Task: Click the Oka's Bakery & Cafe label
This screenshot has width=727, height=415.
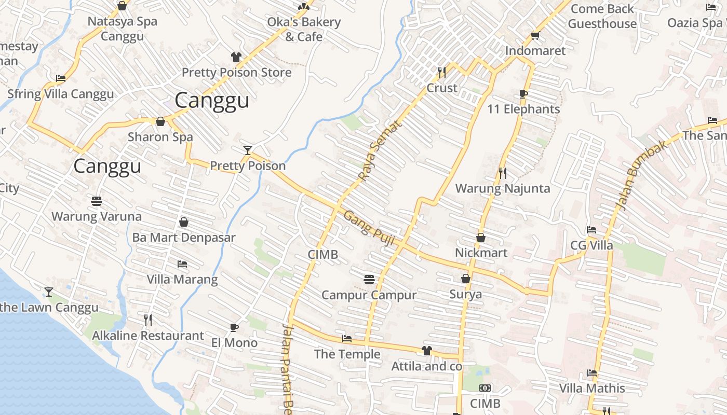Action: point(304,30)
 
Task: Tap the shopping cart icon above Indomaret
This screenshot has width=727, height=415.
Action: point(535,36)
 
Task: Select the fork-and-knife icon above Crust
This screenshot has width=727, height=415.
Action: point(442,72)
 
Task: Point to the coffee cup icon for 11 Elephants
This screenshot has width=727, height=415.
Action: point(523,94)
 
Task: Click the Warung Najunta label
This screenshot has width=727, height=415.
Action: point(502,188)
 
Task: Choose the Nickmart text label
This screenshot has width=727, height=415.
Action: point(481,253)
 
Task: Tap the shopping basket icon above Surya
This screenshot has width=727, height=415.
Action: point(466,279)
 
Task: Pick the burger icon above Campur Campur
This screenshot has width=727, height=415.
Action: point(369,280)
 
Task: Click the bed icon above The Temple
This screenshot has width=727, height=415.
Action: point(347,339)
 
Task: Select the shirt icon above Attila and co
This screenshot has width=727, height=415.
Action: point(426,351)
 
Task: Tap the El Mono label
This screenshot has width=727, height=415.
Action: point(234,343)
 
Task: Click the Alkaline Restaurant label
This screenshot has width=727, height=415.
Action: point(148,336)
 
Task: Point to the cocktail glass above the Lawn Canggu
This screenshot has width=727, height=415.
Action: point(49,292)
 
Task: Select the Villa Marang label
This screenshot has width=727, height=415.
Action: point(182,280)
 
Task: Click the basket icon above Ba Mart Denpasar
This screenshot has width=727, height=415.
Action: point(183,222)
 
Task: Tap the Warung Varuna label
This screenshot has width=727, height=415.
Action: point(96,216)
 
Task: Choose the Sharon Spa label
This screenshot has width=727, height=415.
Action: point(160,137)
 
